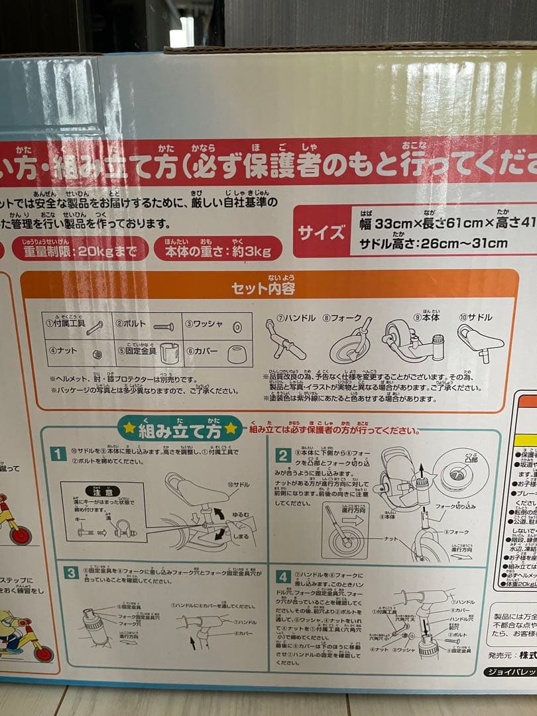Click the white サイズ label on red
tap(322, 233)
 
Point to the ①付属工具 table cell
tap(76, 326)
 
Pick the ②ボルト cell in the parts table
tap(147, 326)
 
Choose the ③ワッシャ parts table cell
tap(217, 326)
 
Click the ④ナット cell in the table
tap(76, 351)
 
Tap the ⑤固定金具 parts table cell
tap(147, 351)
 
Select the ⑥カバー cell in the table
tap(217, 351)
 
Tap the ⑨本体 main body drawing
tap(412, 342)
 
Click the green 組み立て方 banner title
tap(177, 428)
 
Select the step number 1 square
tap(59, 454)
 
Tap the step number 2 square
tap(284, 455)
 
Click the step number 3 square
tap(72, 572)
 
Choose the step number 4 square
tap(284, 576)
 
